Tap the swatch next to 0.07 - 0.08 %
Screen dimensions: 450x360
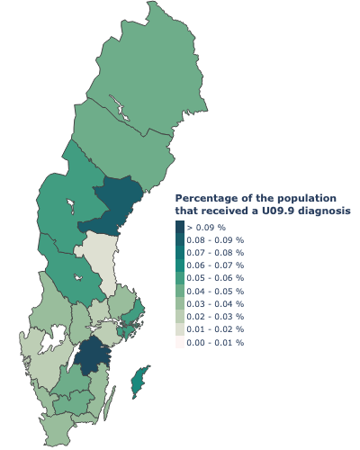pos(180,254)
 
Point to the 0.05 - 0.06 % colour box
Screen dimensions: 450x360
pos(180,279)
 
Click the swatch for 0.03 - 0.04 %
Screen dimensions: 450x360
pos(180,304)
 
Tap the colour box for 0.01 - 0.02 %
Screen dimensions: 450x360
pos(180,329)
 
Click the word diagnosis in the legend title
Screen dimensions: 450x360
pos(325,211)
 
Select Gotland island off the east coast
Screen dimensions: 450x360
pos(138,382)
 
